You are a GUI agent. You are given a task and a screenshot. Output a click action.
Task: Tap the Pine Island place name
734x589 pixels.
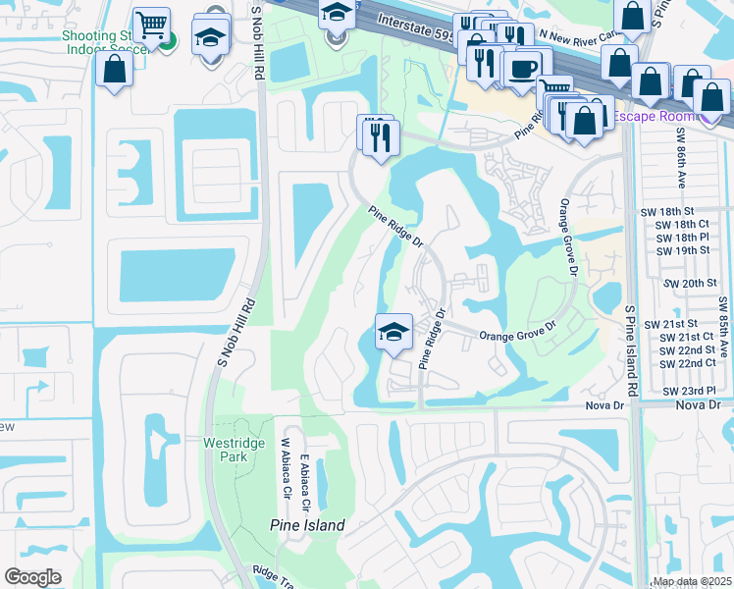(307, 525)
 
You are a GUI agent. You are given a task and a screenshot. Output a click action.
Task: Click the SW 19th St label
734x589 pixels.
(685, 250)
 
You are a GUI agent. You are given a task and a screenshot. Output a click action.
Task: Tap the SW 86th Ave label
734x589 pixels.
(679, 156)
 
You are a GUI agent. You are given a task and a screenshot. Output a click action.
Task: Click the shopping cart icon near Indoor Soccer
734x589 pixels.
(151, 25)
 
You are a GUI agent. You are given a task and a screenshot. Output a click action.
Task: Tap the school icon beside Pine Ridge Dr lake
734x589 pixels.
(393, 331)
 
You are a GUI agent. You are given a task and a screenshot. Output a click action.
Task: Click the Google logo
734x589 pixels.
(33, 577)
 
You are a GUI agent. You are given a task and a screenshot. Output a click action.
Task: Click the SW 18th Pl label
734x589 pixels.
(685, 238)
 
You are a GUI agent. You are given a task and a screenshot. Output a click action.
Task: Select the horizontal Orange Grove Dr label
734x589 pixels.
(517, 336)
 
